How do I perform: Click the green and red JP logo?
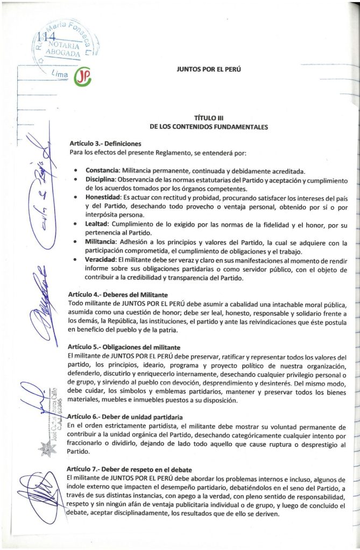[82, 78]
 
